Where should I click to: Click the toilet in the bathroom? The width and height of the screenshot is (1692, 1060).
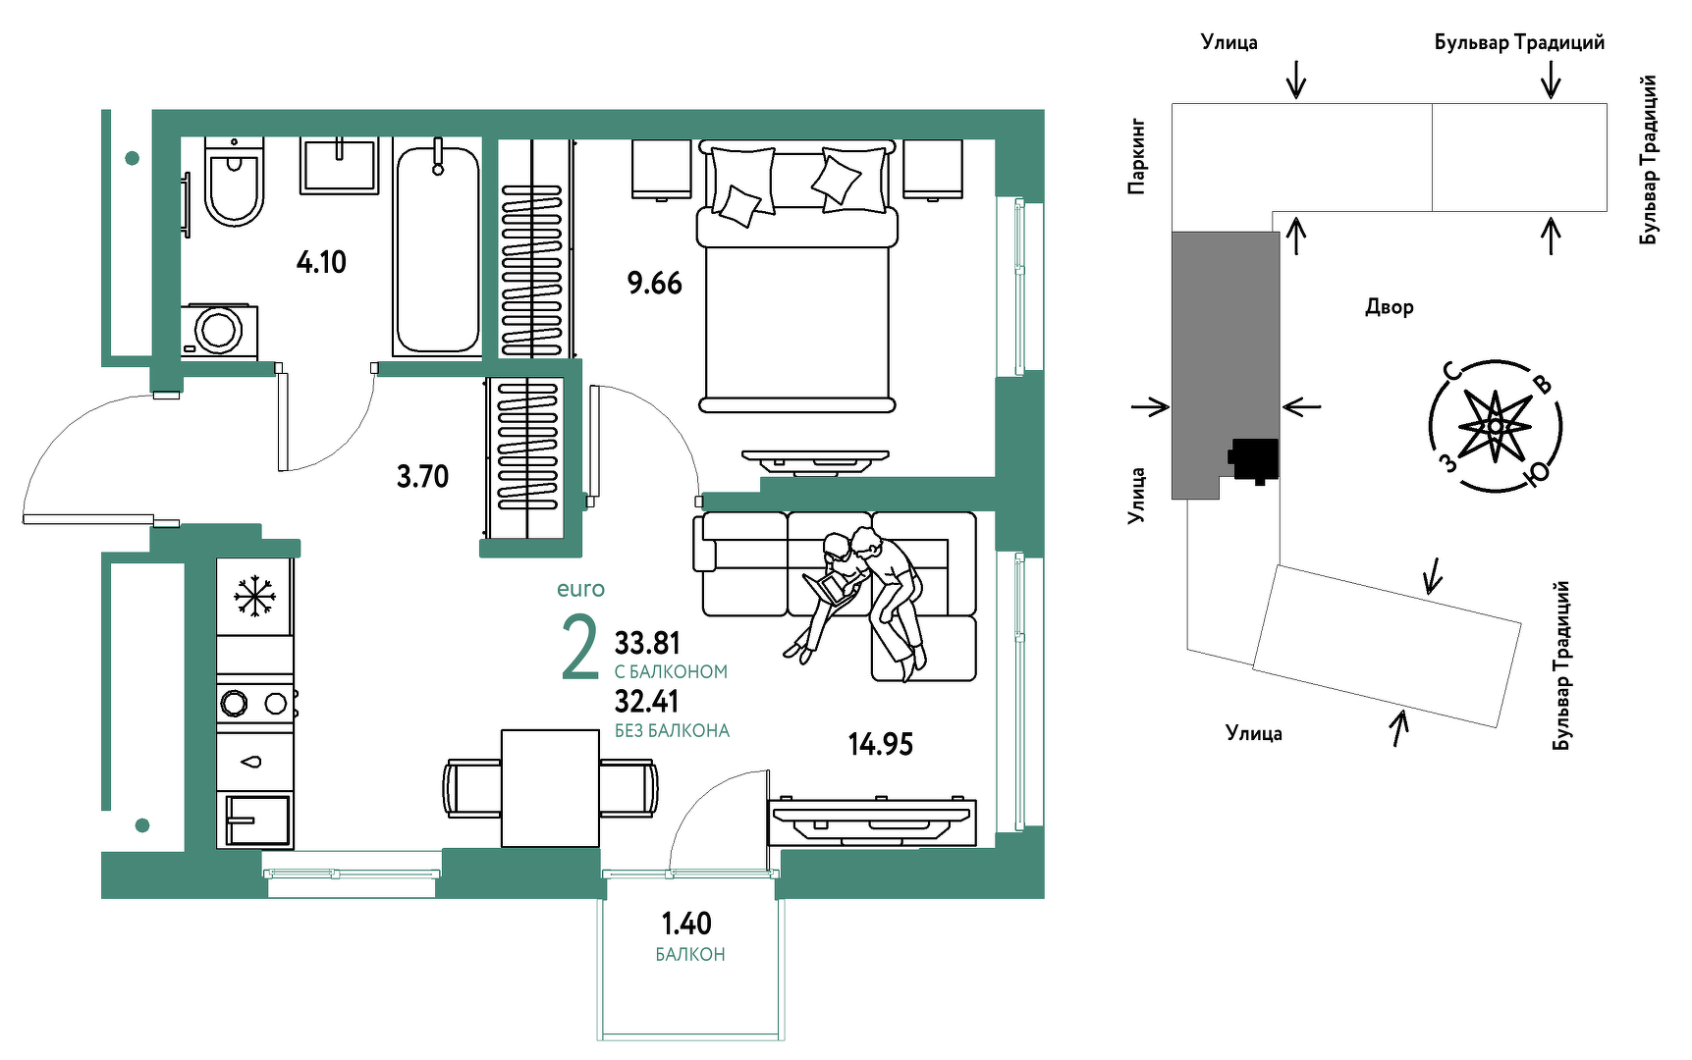(235, 182)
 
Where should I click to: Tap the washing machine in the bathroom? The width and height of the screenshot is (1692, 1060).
(219, 331)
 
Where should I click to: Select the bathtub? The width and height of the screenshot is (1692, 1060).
(437, 247)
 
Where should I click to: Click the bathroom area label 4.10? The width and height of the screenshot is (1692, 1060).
(321, 262)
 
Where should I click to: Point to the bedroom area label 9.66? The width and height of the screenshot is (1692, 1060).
(654, 284)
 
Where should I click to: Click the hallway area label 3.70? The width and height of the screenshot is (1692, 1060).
(422, 477)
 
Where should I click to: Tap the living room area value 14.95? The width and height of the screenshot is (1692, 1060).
(881, 745)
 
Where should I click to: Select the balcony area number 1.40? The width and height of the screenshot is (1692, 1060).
(686, 924)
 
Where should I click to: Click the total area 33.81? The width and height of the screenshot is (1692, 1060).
(647, 643)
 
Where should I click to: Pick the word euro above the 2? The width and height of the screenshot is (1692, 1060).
(580, 589)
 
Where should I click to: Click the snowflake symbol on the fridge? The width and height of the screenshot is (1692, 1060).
(254, 596)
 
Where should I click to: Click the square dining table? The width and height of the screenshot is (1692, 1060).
(550, 787)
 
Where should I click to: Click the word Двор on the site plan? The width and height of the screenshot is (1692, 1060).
(1390, 307)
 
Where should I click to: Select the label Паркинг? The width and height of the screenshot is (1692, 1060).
(1136, 157)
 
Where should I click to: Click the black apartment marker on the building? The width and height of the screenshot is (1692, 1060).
(1254, 460)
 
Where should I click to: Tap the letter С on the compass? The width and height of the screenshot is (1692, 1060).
(1451, 371)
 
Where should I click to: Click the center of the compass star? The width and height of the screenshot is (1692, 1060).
(1495, 427)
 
